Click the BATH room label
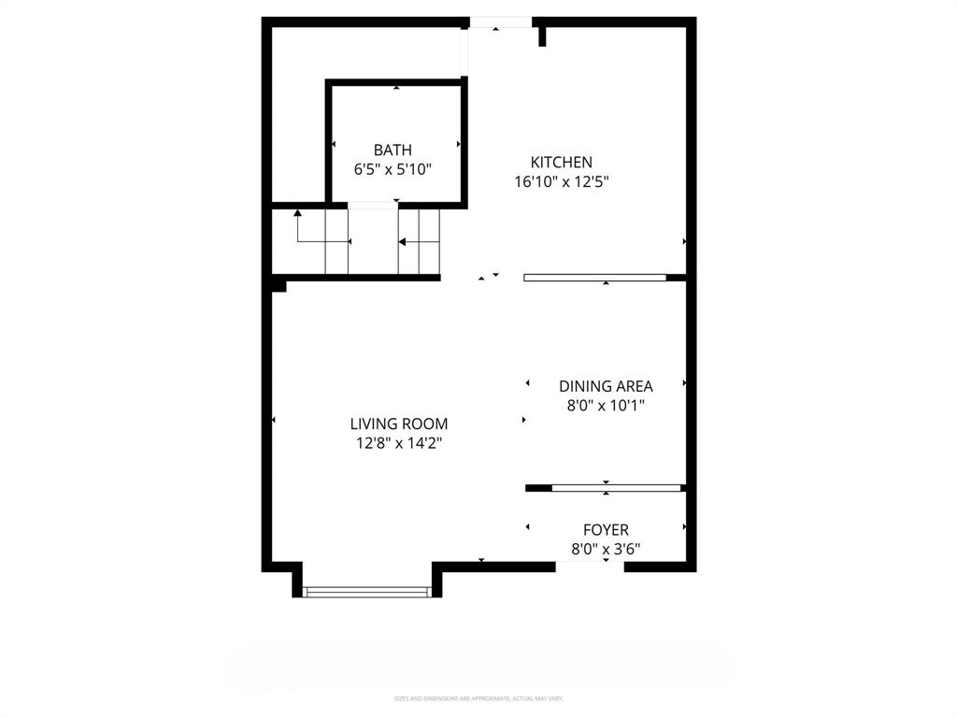[393, 150]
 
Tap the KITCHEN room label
[562, 162]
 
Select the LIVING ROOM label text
[399, 424]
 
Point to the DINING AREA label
[606, 385]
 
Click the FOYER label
[606, 530]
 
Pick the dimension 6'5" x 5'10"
[393, 169]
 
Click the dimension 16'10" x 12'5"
[562, 182]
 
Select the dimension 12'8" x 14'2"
[399, 444]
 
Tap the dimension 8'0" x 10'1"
[606, 406]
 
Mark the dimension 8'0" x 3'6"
[606, 550]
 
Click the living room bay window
[367, 590]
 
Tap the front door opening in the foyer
[590, 566]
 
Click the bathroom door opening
[373, 204]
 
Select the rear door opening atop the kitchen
[500, 22]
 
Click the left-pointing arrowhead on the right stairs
[402, 242]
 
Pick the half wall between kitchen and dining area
[595, 277]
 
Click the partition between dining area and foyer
[616, 487]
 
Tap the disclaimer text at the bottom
[478, 698]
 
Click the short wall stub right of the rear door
[542, 36]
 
